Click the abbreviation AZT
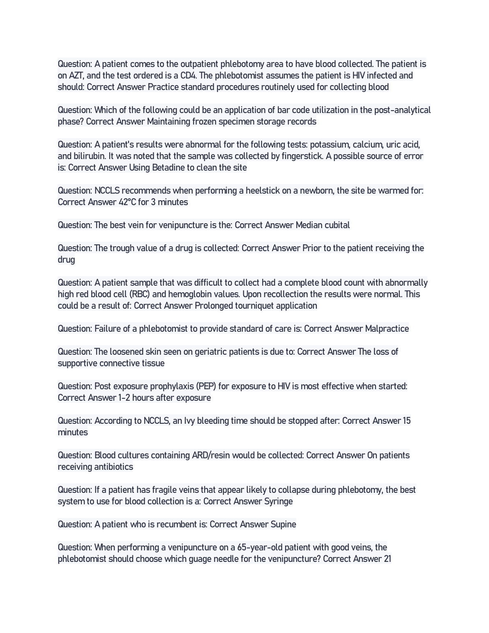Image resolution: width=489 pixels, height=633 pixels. (x=76, y=76)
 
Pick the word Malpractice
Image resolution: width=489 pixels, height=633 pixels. (x=387, y=329)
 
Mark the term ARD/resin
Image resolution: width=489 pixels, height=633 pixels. (x=211, y=455)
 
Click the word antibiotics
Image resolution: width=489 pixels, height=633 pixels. (x=114, y=467)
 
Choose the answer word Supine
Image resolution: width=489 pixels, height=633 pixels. (x=283, y=524)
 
